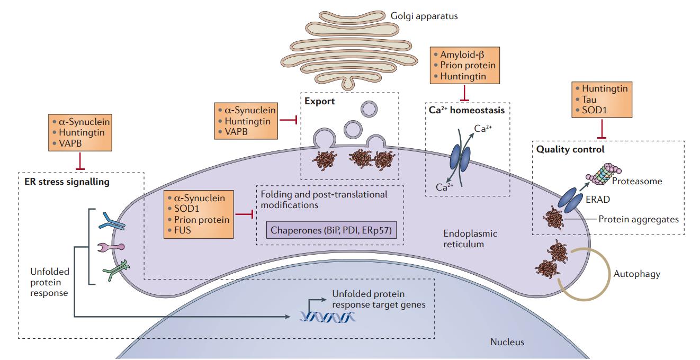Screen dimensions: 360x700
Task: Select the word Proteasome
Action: (637, 181)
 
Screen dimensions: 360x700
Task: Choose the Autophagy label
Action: (636, 274)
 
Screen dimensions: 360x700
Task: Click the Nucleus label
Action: (507, 341)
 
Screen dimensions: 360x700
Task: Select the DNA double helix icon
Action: (324, 316)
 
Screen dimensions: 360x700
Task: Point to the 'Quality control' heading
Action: (570, 149)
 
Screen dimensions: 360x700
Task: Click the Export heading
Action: (319, 101)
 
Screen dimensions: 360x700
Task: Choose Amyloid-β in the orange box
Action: (462, 55)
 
